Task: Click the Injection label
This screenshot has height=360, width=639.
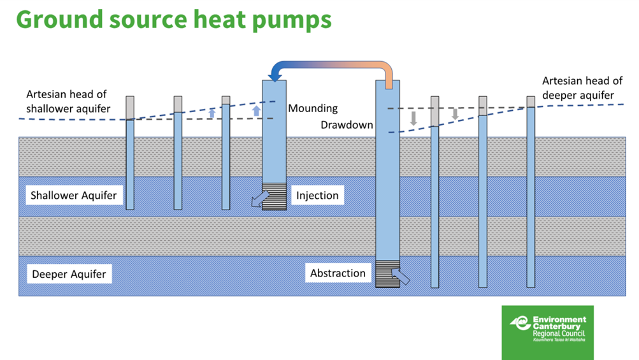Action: (x=317, y=195)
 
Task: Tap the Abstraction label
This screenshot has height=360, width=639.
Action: (x=338, y=273)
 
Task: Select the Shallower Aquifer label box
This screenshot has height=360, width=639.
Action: (x=74, y=195)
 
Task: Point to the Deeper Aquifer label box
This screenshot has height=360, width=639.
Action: (x=69, y=275)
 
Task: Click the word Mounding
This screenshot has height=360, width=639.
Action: (x=313, y=108)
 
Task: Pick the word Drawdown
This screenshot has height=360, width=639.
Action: (x=347, y=125)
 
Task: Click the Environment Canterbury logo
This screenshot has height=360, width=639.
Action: (x=547, y=331)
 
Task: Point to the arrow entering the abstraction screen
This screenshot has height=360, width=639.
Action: (x=401, y=275)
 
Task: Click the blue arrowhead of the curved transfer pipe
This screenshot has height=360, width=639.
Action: (x=276, y=74)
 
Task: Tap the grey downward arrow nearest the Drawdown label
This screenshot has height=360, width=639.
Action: (x=413, y=118)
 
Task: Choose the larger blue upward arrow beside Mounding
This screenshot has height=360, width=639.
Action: (x=256, y=111)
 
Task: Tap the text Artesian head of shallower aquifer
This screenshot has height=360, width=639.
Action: (x=68, y=102)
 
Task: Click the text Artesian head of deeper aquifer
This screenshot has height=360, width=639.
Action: (x=582, y=89)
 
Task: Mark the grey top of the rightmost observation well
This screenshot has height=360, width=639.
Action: (x=531, y=102)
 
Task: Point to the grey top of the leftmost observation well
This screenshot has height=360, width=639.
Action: (x=130, y=107)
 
